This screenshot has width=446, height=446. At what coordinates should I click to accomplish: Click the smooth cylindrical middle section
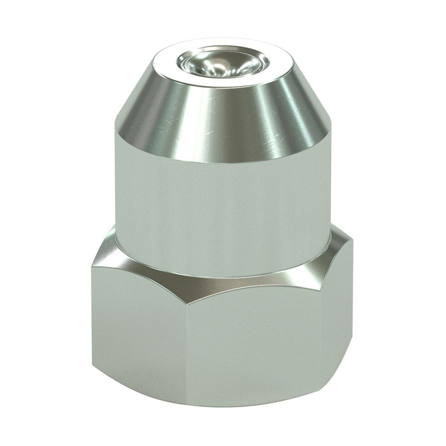(x=223, y=204)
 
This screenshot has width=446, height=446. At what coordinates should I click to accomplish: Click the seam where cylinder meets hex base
(x=223, y=275)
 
